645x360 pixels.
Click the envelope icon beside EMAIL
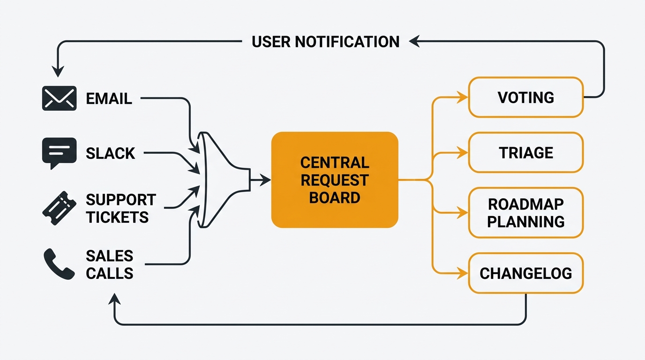(59, 98)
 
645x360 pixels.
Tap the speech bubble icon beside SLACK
(59, 153)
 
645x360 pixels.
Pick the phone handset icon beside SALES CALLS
(59, 264)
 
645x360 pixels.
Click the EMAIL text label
(109, 98)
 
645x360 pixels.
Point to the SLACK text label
(111, 153)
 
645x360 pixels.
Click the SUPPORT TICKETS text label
(120, 209)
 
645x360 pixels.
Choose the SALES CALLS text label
(110, 264)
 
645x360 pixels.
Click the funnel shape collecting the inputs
(220, 180)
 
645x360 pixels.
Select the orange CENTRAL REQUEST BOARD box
(335, 180)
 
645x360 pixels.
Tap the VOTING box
(525, 97)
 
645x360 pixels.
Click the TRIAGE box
(525, 153)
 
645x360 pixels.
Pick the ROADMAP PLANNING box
(525, 213)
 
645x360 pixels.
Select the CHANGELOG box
(525, 273)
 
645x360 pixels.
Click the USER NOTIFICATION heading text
(325, 42)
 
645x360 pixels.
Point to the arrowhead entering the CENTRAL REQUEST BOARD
(266, 180)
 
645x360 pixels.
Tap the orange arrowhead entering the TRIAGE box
(463, 153)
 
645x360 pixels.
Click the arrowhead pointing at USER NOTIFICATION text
(413, 42)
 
